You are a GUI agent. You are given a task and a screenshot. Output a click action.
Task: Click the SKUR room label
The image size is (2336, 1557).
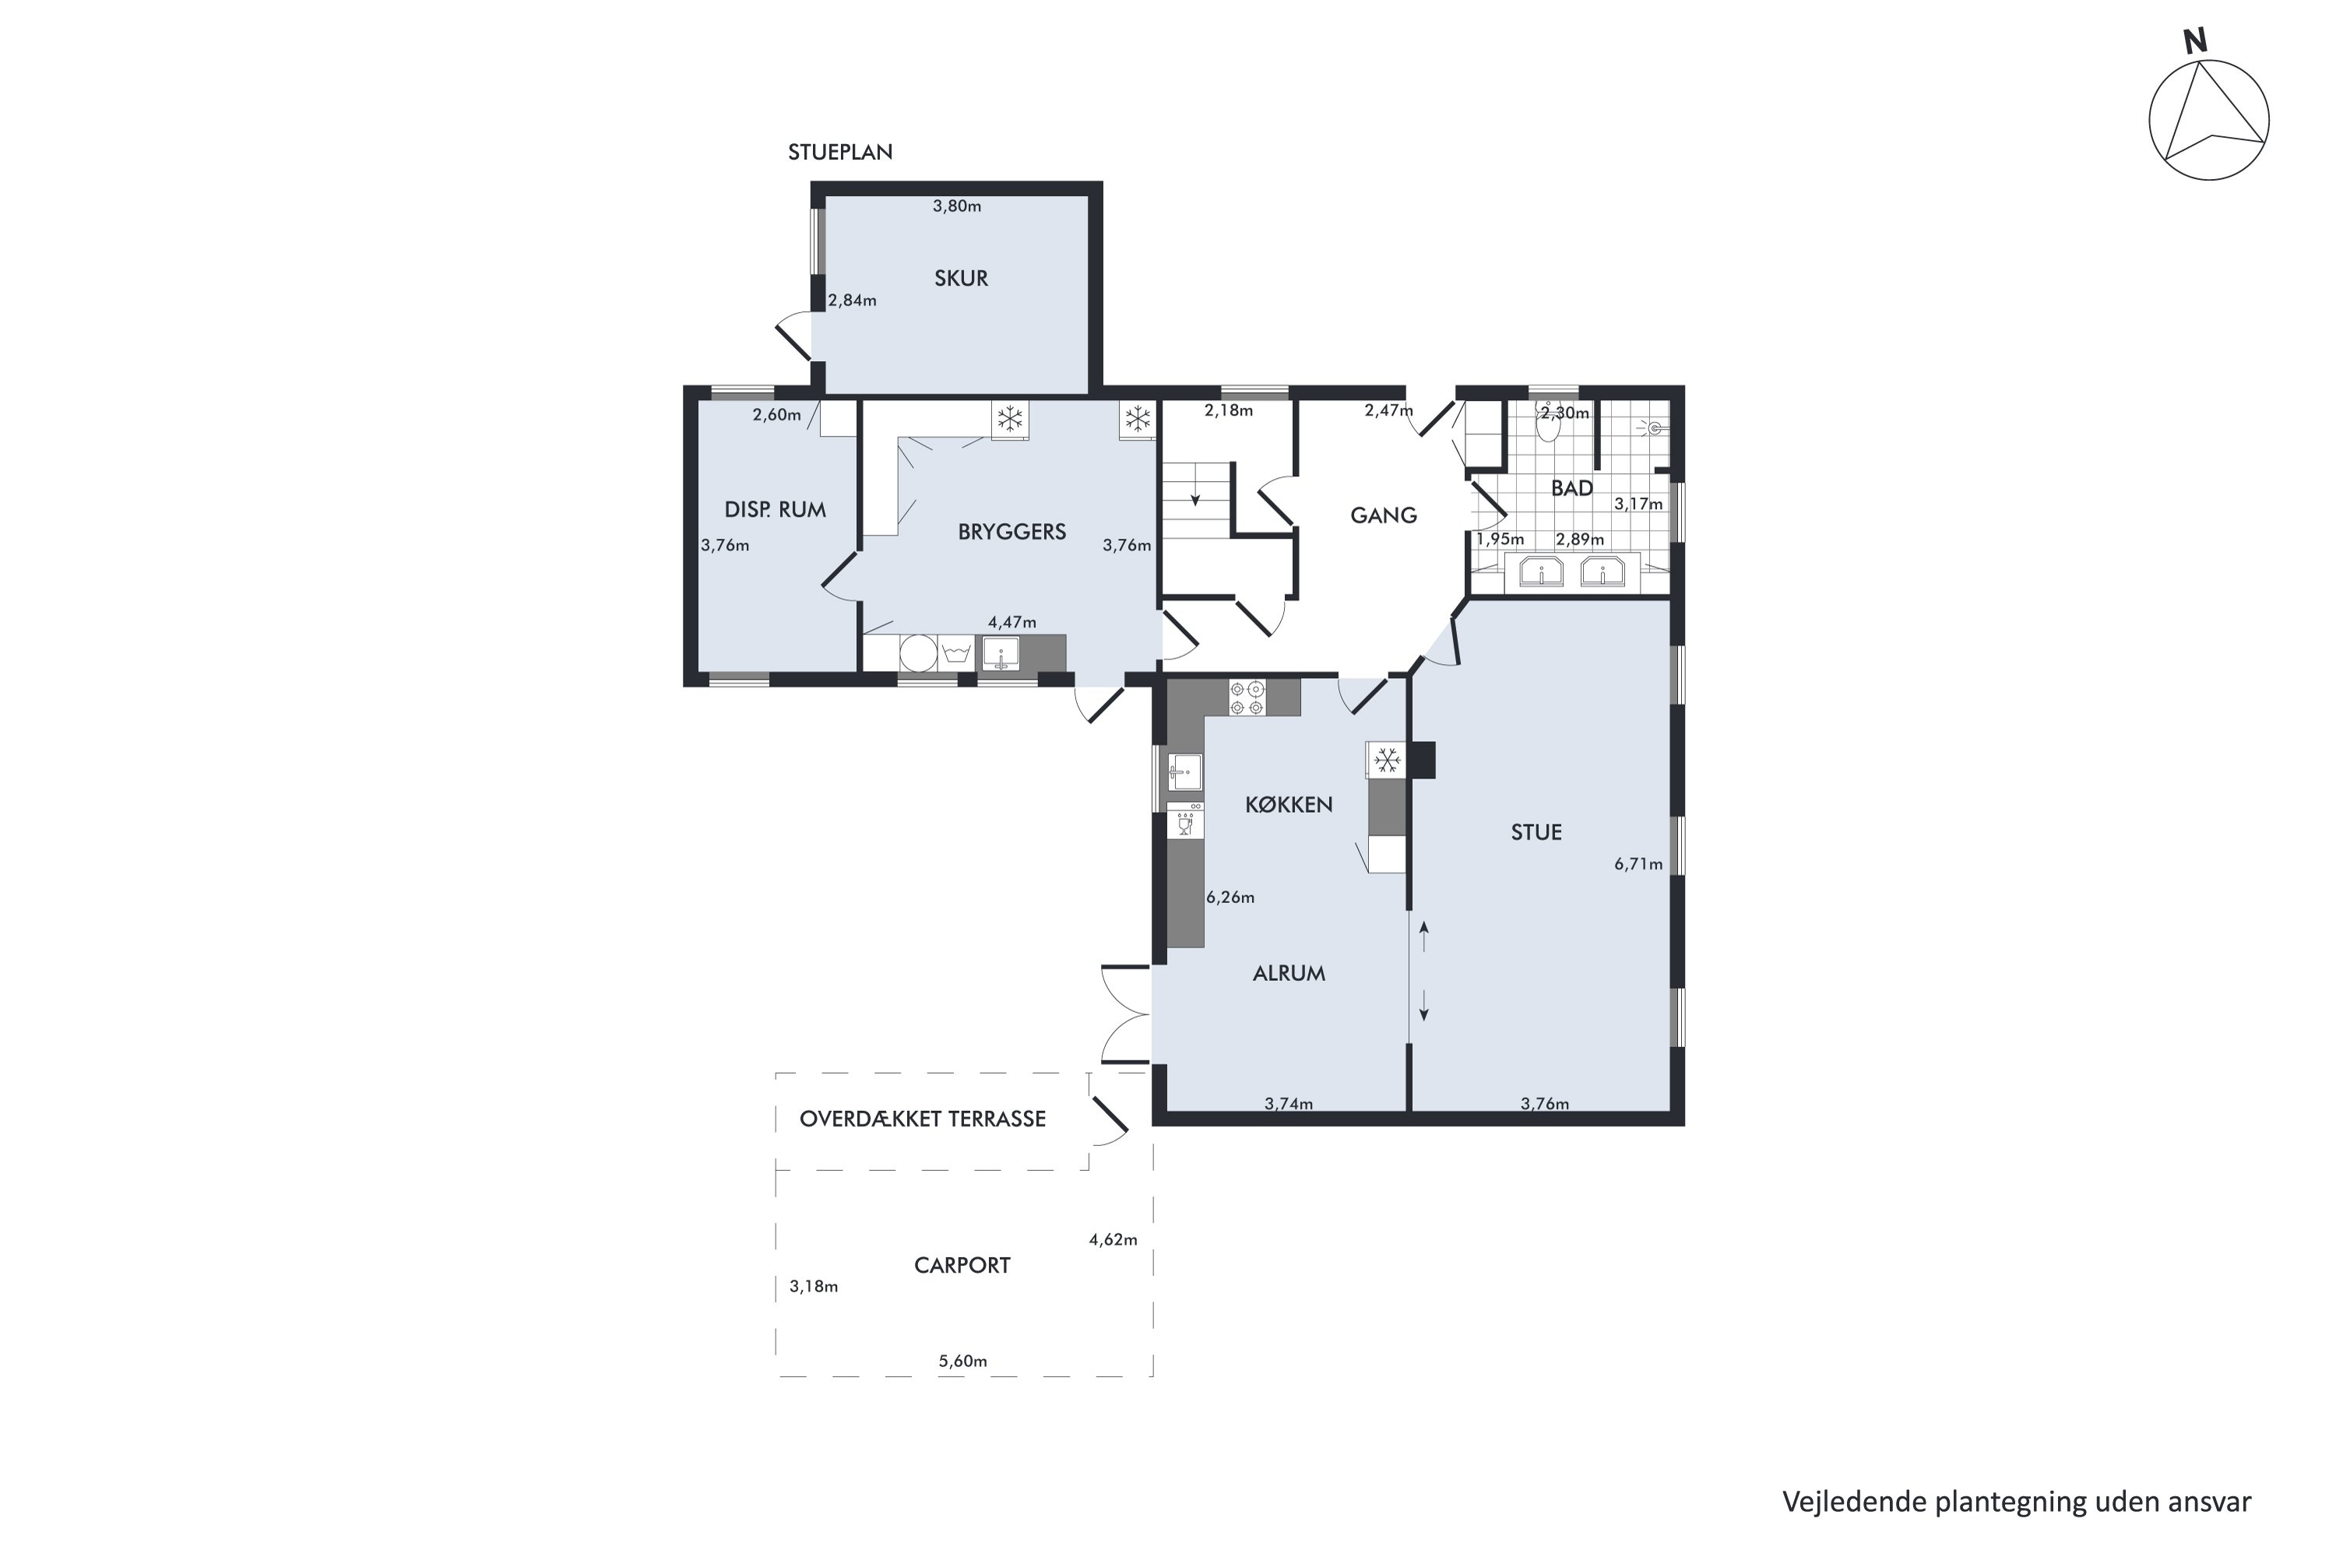coord(960,278)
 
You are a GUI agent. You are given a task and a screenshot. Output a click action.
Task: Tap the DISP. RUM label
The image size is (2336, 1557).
coord(775,509)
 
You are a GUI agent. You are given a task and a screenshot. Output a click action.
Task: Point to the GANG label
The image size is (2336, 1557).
coord(1383,515)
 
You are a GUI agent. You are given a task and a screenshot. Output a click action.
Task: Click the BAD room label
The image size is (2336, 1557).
coord(1571,487)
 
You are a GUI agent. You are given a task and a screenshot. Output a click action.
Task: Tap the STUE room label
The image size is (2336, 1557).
coord(1536,832)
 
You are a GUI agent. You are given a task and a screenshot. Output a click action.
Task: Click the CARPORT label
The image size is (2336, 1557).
coord(962,1265)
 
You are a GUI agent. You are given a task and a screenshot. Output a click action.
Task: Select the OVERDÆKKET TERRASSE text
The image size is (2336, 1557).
coord(922,1119)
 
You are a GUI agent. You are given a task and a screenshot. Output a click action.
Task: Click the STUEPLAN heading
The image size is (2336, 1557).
coord(840,152)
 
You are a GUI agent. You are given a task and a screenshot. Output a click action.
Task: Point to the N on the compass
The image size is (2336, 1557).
coord(2194,42)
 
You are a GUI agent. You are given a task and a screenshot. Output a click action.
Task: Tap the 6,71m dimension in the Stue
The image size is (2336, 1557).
coord(1638,864)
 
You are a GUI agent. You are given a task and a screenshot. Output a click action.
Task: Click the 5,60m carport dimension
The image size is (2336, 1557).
coord(962,1362)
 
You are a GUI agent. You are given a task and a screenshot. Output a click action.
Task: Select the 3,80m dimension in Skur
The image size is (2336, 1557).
coord(956,206)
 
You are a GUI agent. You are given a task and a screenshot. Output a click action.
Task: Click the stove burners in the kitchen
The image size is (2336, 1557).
coord(1247,697)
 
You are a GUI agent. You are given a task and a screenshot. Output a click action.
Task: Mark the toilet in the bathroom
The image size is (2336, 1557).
coord(1547,427)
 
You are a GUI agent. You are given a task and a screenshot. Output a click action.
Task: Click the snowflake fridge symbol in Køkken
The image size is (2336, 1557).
coord(1387,761)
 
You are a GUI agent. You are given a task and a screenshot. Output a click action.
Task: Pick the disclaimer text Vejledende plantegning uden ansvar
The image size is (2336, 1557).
coord(2016,1503)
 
